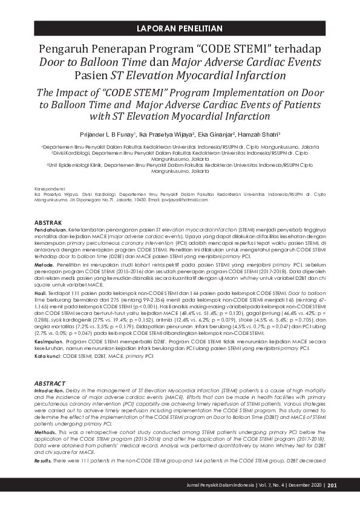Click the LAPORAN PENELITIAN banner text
(x=180, y=28)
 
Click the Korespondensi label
(x=49, y=188)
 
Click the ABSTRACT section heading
(x=50, y=383)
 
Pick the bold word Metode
(x=44, y=264)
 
